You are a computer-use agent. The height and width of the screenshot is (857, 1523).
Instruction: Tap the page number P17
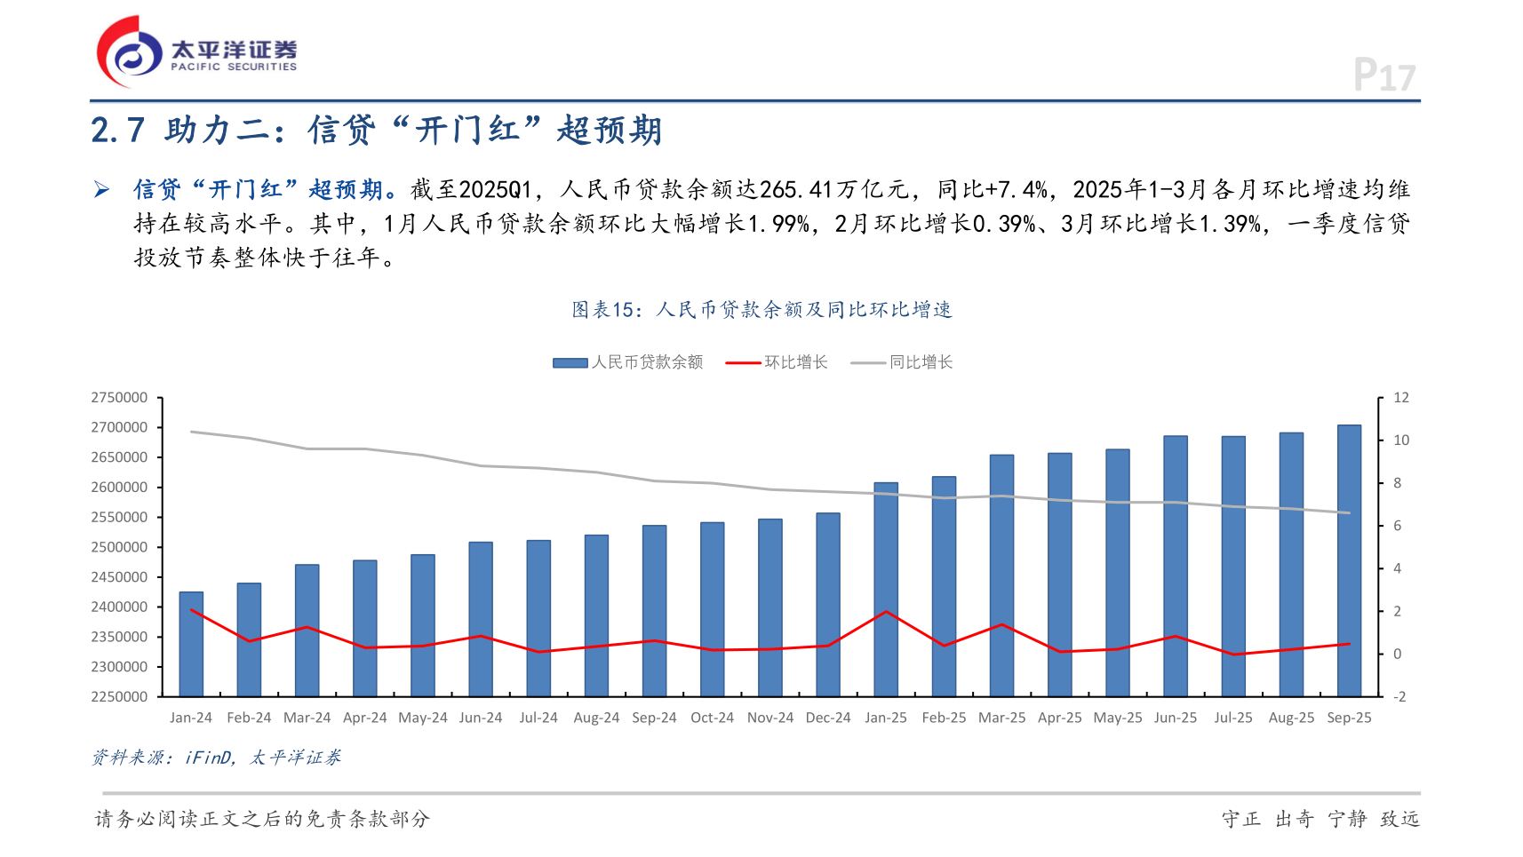click(x=1383, y=75)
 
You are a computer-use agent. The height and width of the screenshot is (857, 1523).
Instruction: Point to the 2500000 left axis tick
click(x=120, y=547)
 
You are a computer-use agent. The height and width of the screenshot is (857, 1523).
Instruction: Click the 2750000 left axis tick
click(x=120, y=398)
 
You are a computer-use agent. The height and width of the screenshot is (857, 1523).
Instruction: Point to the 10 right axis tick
click(x=1401, y=440)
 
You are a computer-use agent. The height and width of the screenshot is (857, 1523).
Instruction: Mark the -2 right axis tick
click(x=1399, y=697)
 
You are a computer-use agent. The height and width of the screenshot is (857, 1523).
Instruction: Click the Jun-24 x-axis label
click(x=481, y=718)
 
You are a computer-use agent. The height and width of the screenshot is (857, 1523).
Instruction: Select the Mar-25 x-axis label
click(x=1001, y=718)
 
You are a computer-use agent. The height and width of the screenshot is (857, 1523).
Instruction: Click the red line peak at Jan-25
click(x=886, y=612)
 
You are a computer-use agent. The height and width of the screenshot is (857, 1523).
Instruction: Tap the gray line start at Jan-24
click(x=191, y=432)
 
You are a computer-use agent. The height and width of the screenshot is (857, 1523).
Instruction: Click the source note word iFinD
click(x=208, y=758)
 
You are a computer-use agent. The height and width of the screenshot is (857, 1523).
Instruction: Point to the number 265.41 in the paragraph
click(x=796, y=190)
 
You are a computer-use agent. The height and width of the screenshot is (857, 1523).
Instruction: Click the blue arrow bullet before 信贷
click(x=102, y=189)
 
